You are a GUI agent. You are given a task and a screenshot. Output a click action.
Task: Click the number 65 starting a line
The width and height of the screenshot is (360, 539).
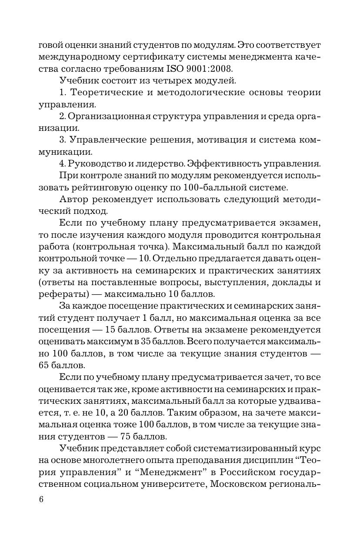tap(44, 353)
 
